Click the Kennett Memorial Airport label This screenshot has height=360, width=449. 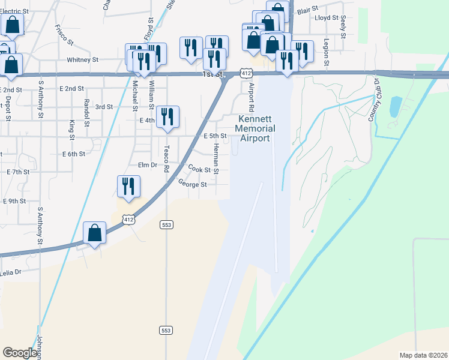(x=255, y=128)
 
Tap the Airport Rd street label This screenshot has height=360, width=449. (x=252, y=96)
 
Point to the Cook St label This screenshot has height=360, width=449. (x=199, y=170)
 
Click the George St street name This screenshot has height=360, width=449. (x=192, y=185)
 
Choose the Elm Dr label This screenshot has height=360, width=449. (x=147, y=165)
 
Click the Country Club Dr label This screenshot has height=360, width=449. (x=373, y=100)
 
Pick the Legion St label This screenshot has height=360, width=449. (x=327, y=52)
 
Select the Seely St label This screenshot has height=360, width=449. (x=343, y=27)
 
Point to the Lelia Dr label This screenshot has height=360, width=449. (x=11, y=272)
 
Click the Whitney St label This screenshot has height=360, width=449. (x=82, y=60)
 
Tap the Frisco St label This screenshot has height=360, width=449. (x=64, y=35)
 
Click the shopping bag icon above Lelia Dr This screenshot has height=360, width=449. (x=95, y=232)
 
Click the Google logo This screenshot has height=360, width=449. (x=20, y=353)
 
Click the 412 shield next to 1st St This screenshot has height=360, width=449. (x=246, y=73)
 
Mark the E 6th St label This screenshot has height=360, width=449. (x=74, y=154)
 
